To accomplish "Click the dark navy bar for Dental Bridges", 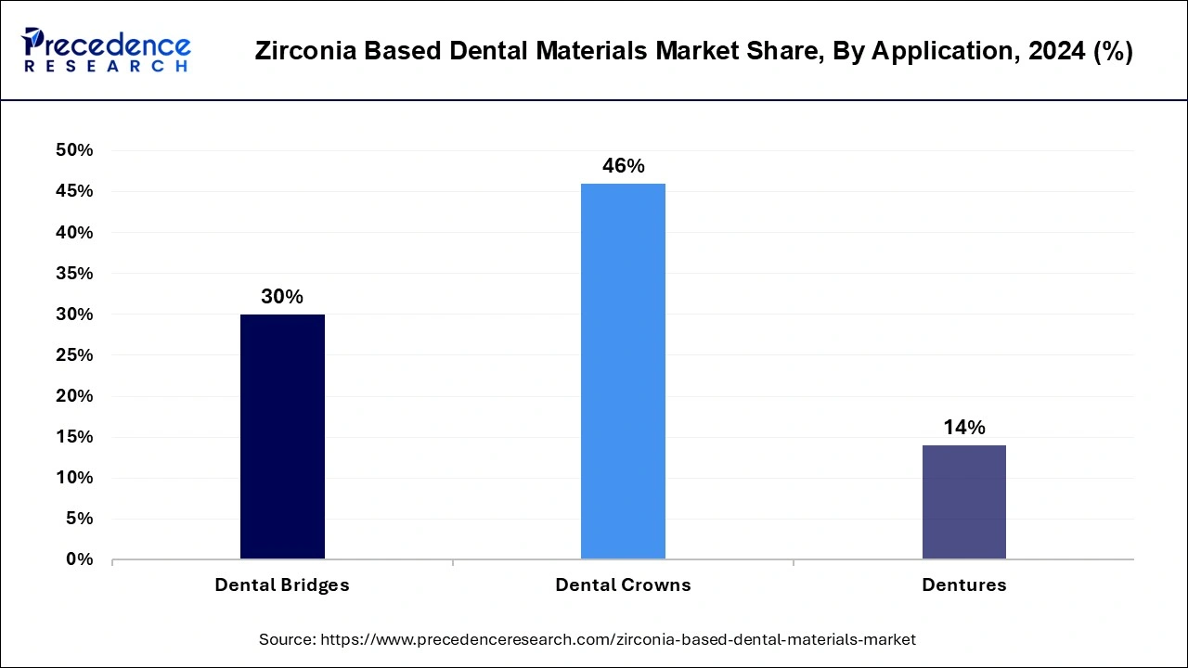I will click(x=282, y=436).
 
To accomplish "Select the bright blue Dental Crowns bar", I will click(x=623, y=371).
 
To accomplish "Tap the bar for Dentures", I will click(x=963, y=502).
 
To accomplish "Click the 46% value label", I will click(x=623, y=166).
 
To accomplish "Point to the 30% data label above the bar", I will click(x=282, y=297).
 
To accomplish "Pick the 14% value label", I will click(x=963, y=428).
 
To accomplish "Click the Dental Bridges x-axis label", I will click(x=282, y=585).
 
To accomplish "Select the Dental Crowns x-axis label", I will click(x=623, y=585).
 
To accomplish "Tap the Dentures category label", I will click(x=963, y=585).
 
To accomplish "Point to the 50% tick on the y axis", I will click(x=74, y=150).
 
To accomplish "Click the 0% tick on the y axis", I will click(x=80, y=559).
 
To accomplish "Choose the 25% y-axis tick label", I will click(x=74, y=355).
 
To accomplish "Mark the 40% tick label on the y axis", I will click(x=74, y=232).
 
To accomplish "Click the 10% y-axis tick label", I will click(x=74, y=478).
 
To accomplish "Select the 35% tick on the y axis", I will click(x=74, y=274).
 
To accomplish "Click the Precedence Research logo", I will click(x=107, y=50).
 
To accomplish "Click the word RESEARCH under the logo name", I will click(x=107, y=67).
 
